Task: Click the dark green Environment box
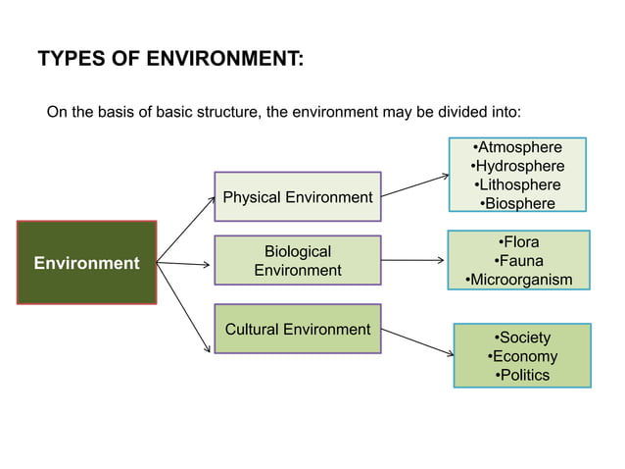[x=86, y=263]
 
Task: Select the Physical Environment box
[x=298, y=197]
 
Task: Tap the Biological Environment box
[x=298, y=261]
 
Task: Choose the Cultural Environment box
[x=298, y=329]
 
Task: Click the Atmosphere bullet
[x=518, y=148]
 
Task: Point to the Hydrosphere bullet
[x=518, y=166]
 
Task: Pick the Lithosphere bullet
[x=518, y=184]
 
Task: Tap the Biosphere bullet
[x=518, y=203]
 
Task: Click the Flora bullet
[x=518, y=242]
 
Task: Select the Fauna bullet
[x=518, y=261]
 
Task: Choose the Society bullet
[x=523, y=338]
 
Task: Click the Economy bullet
[x=523, y=356]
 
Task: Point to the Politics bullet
[x=523, y=375]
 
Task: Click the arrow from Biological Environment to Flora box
[x=410, y=261]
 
